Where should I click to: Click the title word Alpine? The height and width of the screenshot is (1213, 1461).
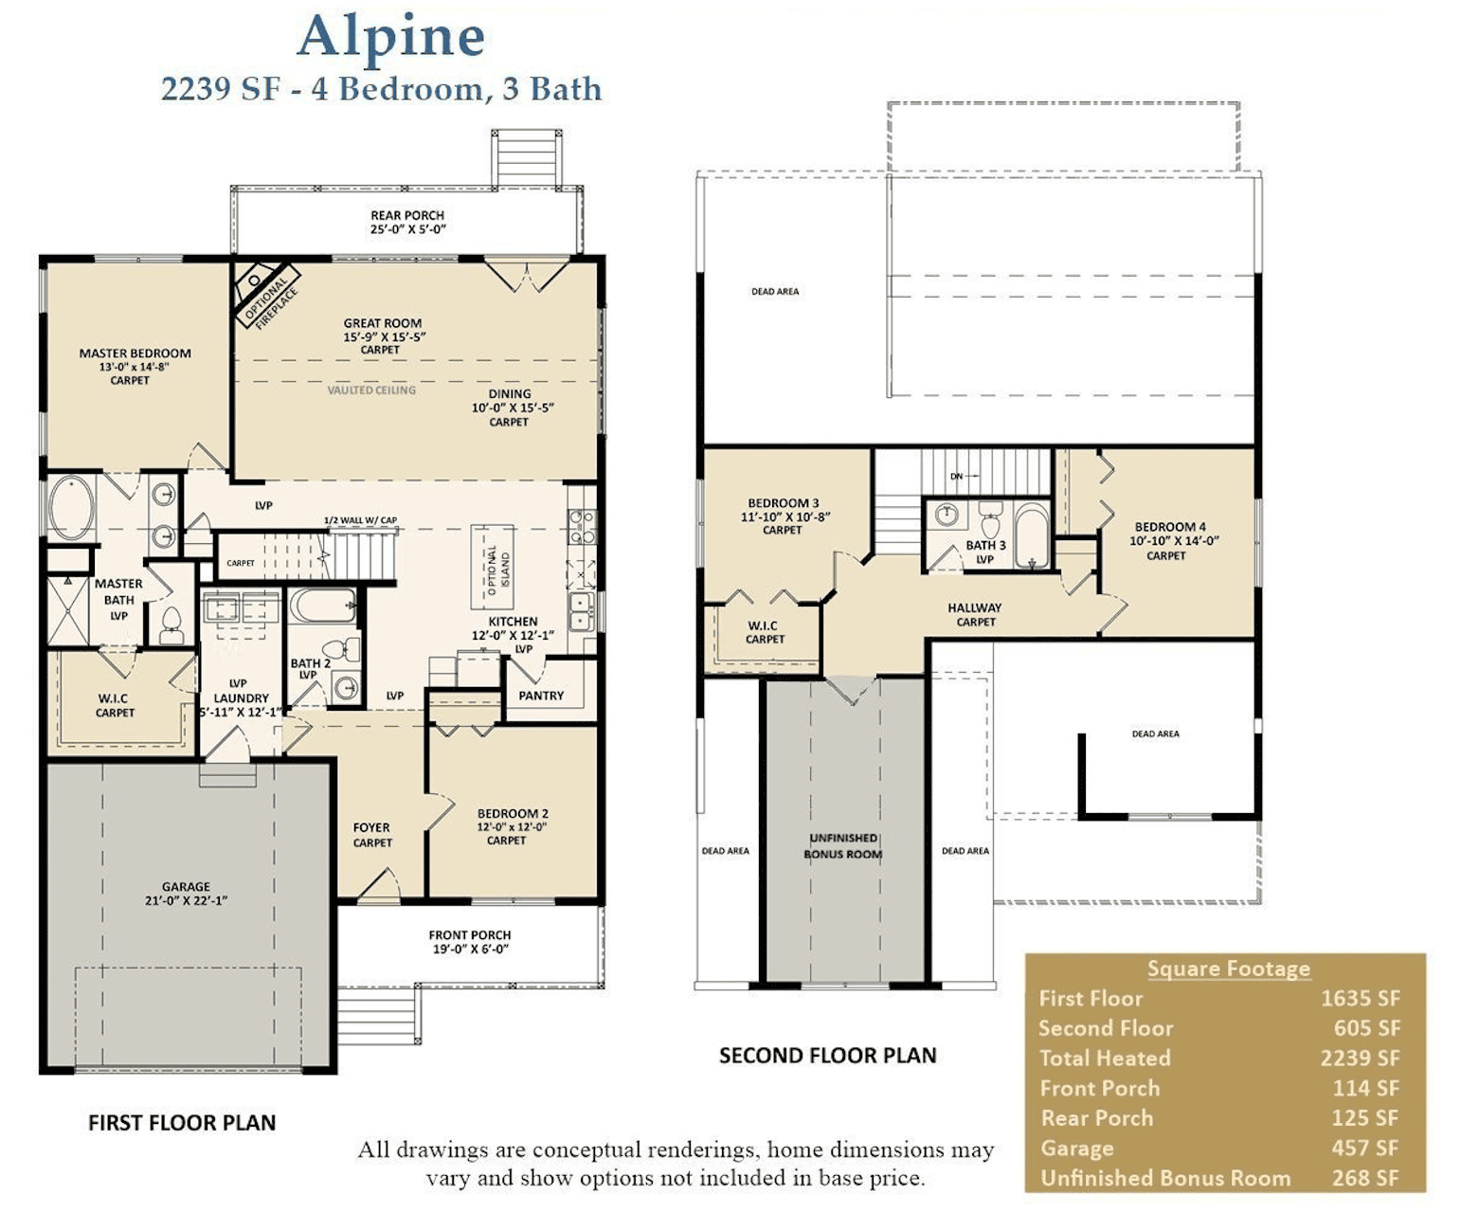(x=390, y=38)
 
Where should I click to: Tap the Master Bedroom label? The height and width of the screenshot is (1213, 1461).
(x=135, y=353)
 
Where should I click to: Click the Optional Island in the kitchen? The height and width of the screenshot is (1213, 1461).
(x=493, y=569)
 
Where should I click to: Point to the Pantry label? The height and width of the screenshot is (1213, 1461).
(x=541, y=696)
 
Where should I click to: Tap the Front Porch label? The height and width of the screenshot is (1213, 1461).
(x=469, y=935)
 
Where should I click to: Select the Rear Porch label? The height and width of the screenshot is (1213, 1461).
(x=406, y=215)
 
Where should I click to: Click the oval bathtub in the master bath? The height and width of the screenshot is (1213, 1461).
(x=71, y=508)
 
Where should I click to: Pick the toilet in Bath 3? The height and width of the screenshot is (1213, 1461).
(x=990, y=521)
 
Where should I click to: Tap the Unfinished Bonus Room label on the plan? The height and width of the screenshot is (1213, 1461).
(x=842, y=846)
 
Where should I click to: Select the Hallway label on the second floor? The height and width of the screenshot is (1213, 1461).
(x=974, y=608)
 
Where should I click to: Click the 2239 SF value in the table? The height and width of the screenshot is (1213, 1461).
(x=1360, y=1059)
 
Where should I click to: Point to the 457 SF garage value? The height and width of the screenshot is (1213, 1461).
(x=1364, y=1149)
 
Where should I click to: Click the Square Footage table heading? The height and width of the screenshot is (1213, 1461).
(x=1228, y=969)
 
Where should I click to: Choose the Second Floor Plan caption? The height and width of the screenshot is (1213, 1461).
(x=827, y=1056)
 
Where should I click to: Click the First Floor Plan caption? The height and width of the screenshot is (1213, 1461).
(x=182, y=1123)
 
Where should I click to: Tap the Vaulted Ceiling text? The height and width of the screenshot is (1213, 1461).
(x=371, y=389)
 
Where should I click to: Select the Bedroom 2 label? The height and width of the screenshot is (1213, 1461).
(x=513, y=813)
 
